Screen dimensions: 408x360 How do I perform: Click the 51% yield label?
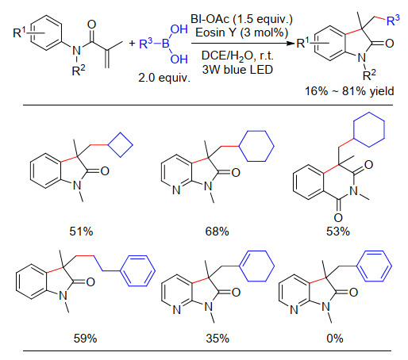[x=81, y=232]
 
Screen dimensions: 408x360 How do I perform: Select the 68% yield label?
[x=217, y=232]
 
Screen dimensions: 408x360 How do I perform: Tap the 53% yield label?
[x=338, y=232]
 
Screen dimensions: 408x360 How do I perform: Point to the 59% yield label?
[x=85, y=339]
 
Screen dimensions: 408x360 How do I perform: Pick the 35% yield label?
[x=217, y=339]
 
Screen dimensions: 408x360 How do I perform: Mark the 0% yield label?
[x=335, y=339]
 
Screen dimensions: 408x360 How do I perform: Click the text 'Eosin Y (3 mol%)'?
[x=241, y=33]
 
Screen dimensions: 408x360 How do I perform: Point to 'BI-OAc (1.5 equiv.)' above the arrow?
[x=241, y=19]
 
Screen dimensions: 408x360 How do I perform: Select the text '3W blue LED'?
[x=237, y=70]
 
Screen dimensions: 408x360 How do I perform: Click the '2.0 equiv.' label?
[x=164, y=78]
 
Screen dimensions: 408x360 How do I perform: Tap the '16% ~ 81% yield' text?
[x=349, y=91]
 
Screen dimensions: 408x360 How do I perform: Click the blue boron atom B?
[x=165, y=44]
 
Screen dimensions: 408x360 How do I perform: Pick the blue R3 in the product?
[x=393, y=20]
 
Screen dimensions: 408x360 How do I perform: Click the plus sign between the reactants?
[x=132, y=43]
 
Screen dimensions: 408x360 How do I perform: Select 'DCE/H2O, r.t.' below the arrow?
[x=237, y=56]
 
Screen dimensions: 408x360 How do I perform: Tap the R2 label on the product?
[x=369, y=75]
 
